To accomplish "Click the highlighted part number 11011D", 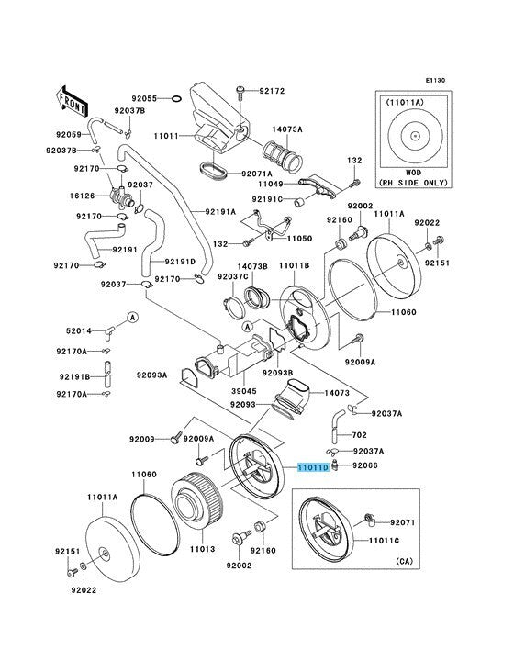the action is pos(314,467).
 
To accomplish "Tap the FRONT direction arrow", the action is pos(72,102).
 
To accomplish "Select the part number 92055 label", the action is pos(144,97).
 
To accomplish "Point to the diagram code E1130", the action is pos(435,80).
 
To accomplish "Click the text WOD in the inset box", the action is pos(413,173).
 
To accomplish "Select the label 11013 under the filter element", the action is pos(203,549).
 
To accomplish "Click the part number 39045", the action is pos(243,391).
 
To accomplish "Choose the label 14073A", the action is pos(287,129).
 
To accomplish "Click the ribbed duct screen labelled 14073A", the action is pos(283,156).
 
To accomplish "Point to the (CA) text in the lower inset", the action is pos(405,561).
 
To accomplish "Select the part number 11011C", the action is pos(385,541).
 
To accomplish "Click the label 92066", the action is pos(365,465).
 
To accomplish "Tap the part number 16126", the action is pos(83,196).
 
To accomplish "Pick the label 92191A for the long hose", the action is pos(220,211).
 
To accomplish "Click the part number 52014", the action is pos(79,330).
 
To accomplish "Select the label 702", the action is pos(360,435).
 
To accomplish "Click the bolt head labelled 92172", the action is pos(240,90).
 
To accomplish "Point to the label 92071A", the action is pos(257,174).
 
